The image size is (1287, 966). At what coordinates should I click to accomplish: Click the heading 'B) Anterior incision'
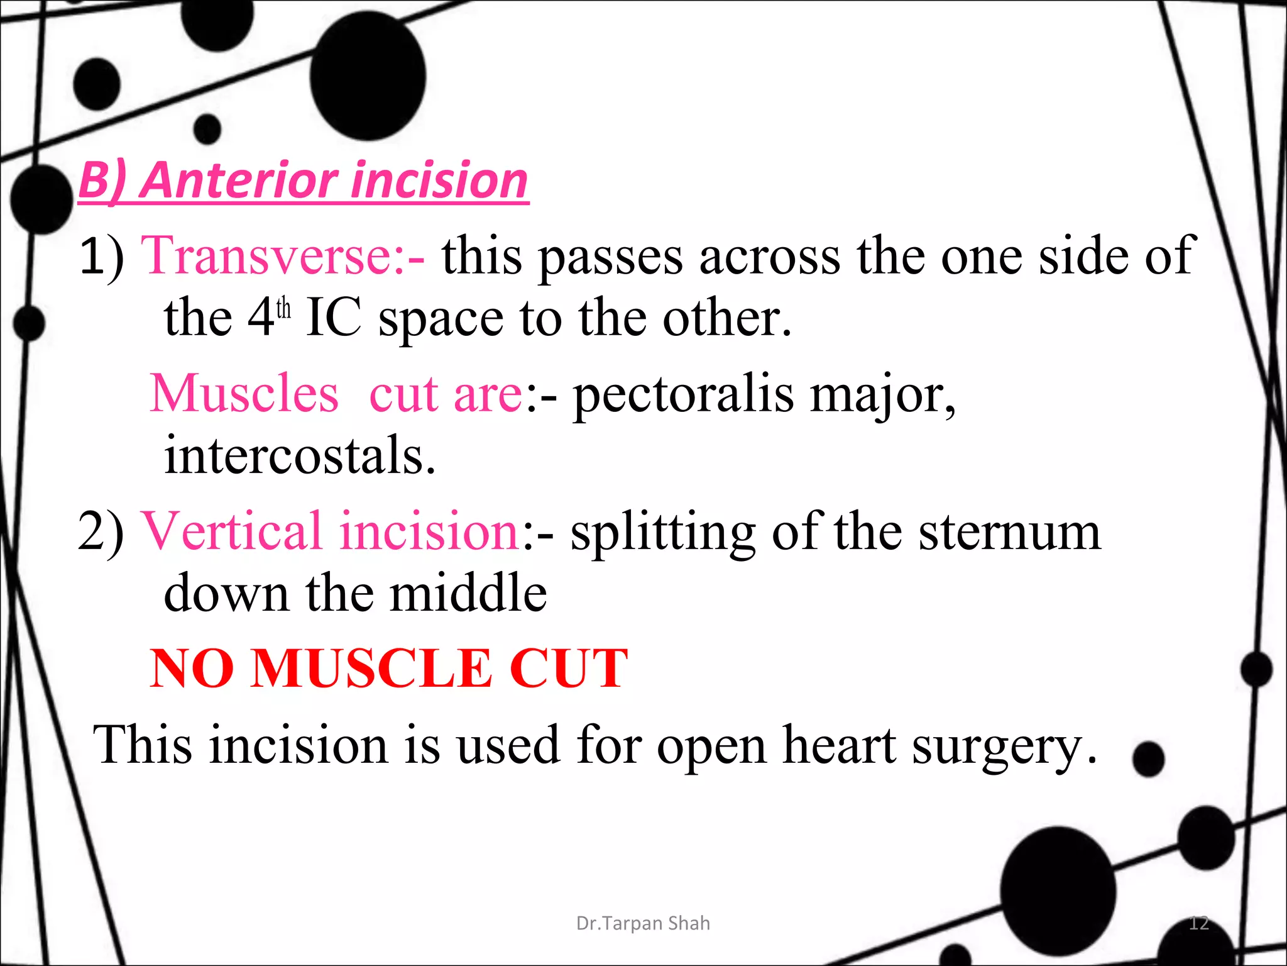click(x=303, y=180)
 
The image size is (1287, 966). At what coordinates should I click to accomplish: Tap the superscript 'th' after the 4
click(x=283, y=309)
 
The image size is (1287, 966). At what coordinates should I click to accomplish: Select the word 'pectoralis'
click(x=683, y=395)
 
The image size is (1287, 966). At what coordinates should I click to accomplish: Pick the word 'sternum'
click(x=1009, y=531)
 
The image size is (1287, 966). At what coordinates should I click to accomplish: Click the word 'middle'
click(x=468, y=593)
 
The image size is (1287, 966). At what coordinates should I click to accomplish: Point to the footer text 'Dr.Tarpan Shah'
click(x=643, y=923)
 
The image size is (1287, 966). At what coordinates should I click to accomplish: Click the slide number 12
click(x=1198, y=923)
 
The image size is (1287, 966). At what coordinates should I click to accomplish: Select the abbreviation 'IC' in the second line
click(x=333, y=318)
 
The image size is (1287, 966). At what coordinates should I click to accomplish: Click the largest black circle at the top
click(x=368, y=76)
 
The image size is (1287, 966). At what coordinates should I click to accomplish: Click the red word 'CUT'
click(x=568, y=669)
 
